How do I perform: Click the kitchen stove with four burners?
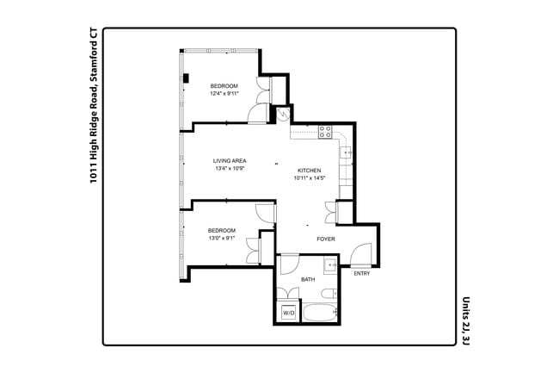click(x=326, y=132)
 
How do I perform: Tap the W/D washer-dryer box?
click(x=288, y=314)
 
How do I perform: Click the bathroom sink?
click(x=332, y=266)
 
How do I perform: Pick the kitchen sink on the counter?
click(x=346, y=154)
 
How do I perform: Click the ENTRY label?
click(x=362, y=273)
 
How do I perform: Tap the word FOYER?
click(x=326, y=239)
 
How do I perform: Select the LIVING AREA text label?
click(x=231, y=161)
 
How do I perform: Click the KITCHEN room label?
click(x=310, y=170)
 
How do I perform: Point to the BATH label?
click(x=307, y=281)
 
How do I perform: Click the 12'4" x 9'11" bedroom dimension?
click(x=224, y=94)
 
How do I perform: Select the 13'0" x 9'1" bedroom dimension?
click(x=222, y=239)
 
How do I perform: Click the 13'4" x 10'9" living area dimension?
click(x=230, y=169)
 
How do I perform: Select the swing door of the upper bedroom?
click(x=257, y=113)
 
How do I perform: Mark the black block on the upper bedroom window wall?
click(x=186, y=79)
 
